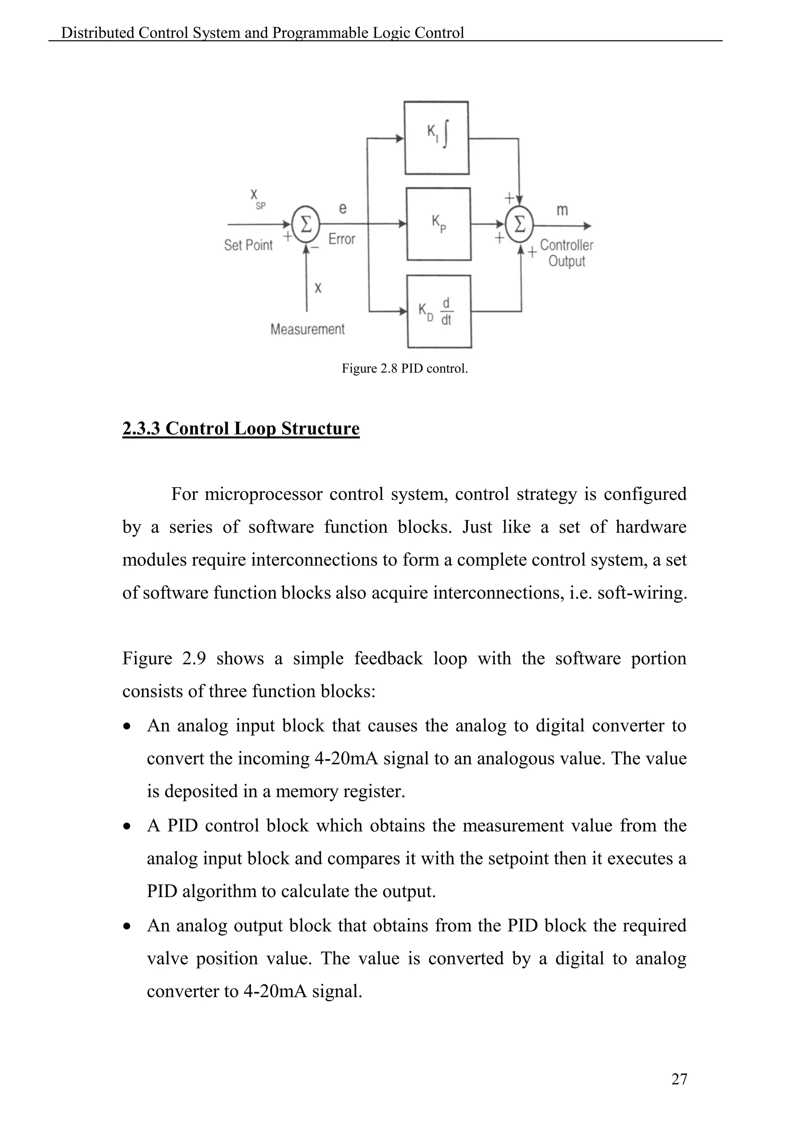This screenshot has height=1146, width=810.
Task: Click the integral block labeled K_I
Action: coord(436,138)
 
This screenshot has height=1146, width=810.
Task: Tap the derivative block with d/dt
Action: coord(439,311)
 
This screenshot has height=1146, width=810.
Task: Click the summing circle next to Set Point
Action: coord(305,225)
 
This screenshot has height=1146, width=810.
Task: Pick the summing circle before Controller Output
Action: coord(519,225)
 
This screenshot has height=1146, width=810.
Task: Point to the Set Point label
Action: coord(248,245)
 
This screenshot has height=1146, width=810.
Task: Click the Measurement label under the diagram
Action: coord(307,329)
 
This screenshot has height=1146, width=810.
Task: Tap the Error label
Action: coord(342,239)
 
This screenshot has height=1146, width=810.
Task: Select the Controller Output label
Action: coord(567,253)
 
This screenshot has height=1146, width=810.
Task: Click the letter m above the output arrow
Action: coord(562,210)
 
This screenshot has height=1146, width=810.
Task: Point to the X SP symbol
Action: coord(256,198)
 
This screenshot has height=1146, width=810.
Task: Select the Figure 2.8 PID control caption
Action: coord(405,369)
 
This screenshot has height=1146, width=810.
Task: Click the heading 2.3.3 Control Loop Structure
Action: coord(241,429)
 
